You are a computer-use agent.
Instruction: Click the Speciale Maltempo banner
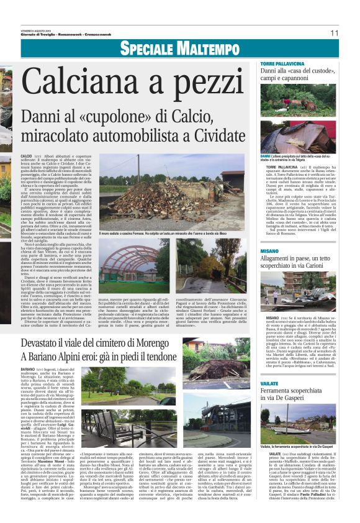tap(179, 48)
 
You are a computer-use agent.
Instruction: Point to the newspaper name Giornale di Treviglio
tap(37, 30)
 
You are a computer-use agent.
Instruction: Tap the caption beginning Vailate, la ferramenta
tap(296, 446)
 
